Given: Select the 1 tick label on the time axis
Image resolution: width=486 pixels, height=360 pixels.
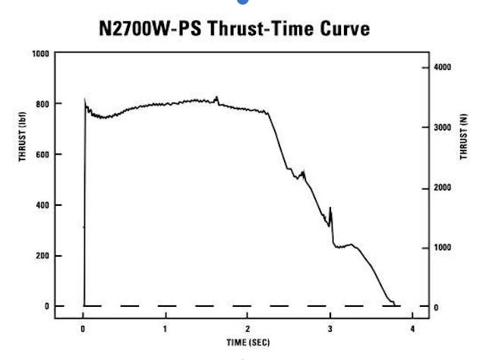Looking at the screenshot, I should click(165, 328).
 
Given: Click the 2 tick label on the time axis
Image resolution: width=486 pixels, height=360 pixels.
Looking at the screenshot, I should click(248, 328).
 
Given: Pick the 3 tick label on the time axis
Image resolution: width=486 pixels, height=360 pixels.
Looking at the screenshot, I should click(330, 328).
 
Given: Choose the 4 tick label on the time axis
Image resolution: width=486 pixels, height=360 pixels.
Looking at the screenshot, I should click(412, 328).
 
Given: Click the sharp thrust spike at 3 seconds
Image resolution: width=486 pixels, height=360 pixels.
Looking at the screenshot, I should click(330, 208).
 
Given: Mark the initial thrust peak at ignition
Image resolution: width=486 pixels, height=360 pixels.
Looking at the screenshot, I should click(84, 99).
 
